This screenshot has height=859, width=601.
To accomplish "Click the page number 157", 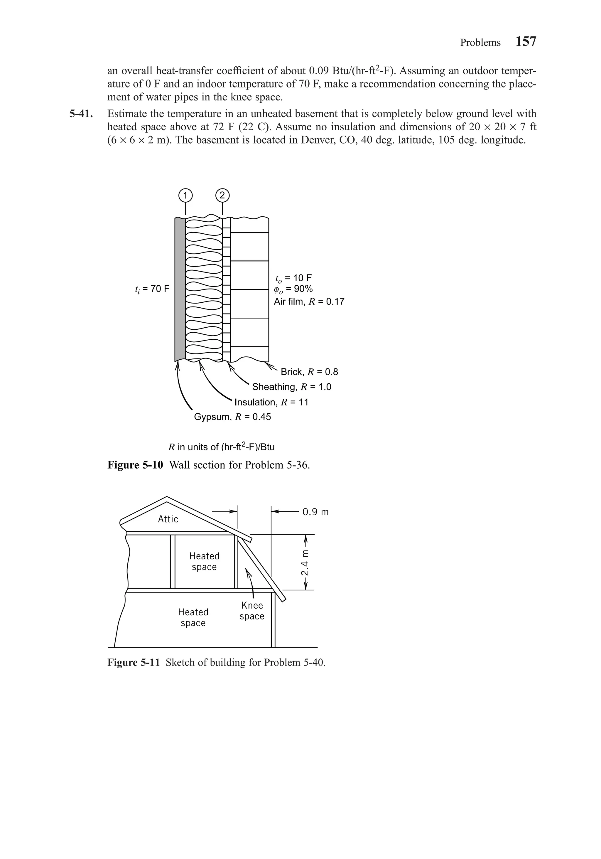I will coord(526,41).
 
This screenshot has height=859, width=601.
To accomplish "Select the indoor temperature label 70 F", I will coord(152,289).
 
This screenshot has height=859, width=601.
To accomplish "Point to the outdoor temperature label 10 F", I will coord(293,278).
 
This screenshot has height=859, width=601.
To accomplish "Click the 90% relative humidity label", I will coord(293,289).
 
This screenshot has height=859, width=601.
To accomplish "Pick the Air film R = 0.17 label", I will coord(309,302).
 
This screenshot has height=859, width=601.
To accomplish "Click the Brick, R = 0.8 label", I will coord(309,372).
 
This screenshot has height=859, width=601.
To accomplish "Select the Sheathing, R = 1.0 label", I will coord(292,387).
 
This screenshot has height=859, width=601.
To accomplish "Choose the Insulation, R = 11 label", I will coord(271,402).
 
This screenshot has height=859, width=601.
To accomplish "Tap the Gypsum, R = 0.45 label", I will coord(232,417).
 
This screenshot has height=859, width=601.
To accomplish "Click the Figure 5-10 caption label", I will coord(135,465).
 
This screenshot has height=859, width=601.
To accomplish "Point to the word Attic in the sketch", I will coord(168,519).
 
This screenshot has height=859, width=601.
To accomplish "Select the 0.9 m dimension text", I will coord(315,512).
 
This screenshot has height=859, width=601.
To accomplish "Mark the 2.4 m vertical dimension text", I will coord(305,563).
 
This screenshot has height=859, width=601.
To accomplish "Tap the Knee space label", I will coord(252,611).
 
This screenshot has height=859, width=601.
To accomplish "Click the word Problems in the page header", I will coord(480,43).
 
